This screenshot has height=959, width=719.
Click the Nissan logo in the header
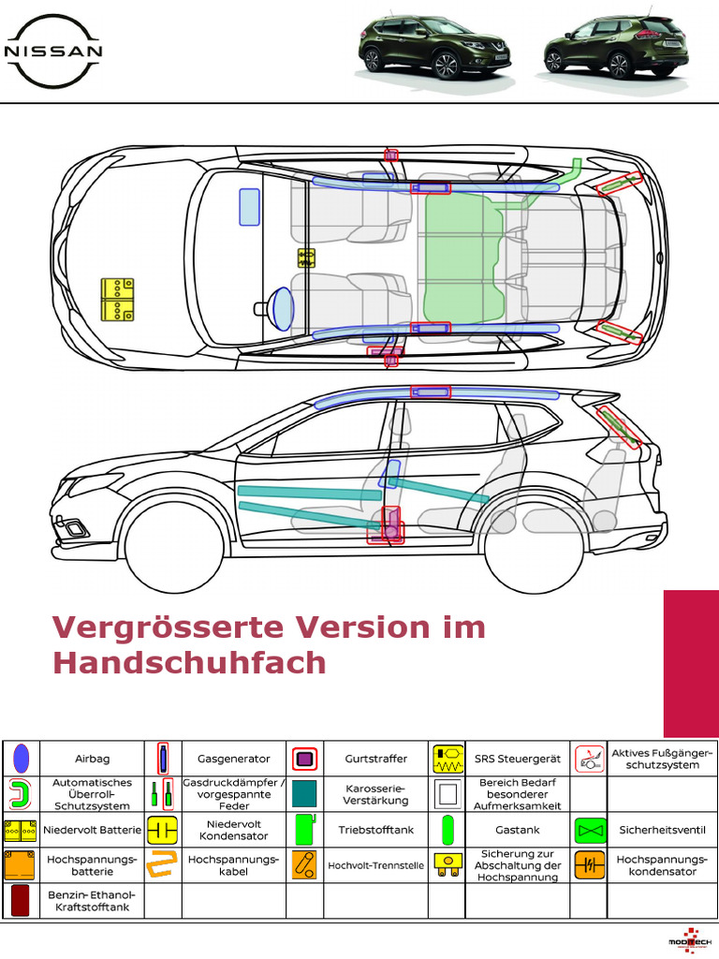pyautogui.click(x=53, y=49)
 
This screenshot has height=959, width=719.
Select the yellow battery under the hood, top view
pyautogui.click(x=117, y=301)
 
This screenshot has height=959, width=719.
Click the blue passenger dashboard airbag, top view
pyautogui.click(x=249, y=207)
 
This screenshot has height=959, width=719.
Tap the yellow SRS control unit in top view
pyautogui.click(x=306, y=258)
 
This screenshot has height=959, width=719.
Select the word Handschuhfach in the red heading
pyautogui.click(x=189, y=662)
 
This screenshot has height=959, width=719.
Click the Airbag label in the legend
pyautogui.click(x=92, y=759)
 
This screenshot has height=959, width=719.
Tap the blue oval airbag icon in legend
pyautogui.click(x=22, y=759)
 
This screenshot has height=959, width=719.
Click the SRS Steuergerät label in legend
pyautogui.click(x=518, y=759)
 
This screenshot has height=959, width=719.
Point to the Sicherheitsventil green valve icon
pyautogui.click(x=589, y=830)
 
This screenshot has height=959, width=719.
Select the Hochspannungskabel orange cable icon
pyautogui.click(x=163, y=865)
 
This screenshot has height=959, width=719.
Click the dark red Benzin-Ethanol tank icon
pyautogui.click(x=21, y=901)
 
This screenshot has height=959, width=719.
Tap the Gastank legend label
pyautogui.click(x=518, y=830)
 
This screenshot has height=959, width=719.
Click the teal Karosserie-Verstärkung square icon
pyautogui.click(x=305, y=794)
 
